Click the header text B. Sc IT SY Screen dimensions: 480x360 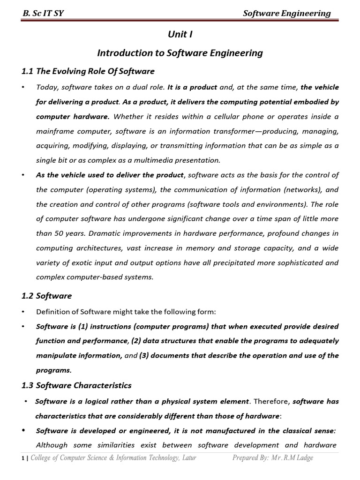pos(43,13)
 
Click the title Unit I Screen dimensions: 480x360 pos(180,34)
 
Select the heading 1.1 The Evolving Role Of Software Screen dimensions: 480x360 pos(88,71)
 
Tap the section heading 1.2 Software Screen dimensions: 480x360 pos(47,296)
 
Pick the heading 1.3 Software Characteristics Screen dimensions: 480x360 pos(77,385)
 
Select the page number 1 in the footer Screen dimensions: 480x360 pos(23,458)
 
